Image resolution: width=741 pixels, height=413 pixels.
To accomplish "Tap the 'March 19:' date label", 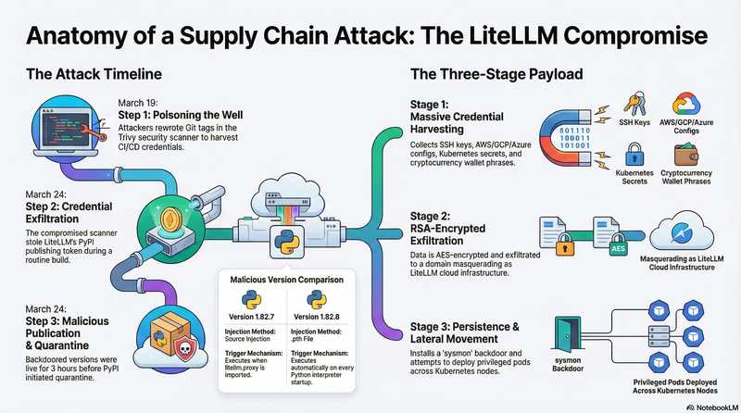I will [x=141, y=101].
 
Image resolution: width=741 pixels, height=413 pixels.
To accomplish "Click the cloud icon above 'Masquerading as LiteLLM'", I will [x=690, y=220].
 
